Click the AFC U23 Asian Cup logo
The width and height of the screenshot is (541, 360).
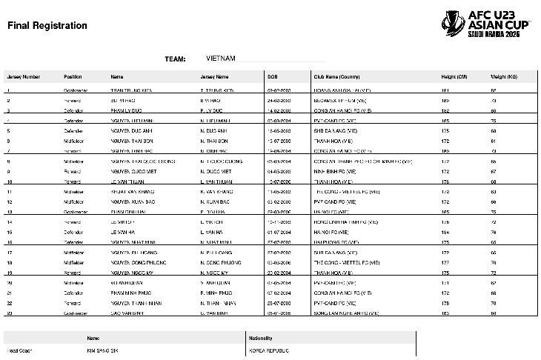(x=488, y=24)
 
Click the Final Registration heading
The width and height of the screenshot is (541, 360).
(x=47, y=26)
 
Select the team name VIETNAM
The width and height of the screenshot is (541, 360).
(x=220, y=58)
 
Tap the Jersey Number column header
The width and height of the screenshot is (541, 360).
(x=23, y=76)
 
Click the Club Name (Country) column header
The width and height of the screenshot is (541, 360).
(x=336, y=76)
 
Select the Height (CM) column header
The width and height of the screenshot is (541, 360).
(x=454, y=76)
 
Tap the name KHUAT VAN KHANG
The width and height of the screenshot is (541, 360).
(x=133, y=190)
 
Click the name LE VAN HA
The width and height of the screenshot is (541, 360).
(x=123, y=231)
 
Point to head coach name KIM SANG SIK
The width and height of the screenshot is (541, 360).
(x=104, y=350)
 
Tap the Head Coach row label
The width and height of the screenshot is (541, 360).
(x=20, y=350)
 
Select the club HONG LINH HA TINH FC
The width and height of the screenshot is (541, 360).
(x=344, y=221)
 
